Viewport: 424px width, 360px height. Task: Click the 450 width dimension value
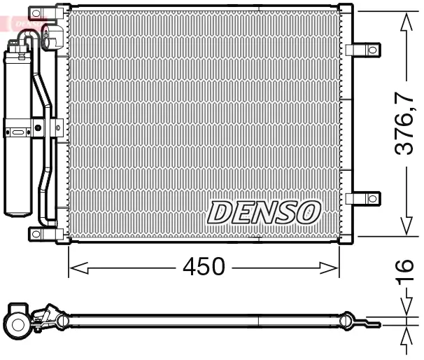(x=204, y=267)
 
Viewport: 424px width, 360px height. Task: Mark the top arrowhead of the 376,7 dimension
(x=405, y=22)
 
